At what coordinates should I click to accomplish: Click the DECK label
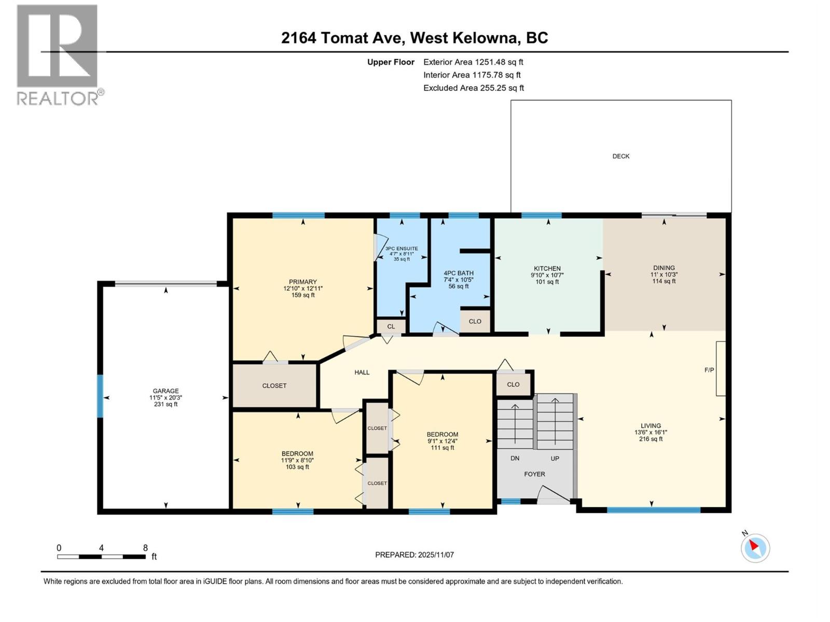pyautogui.click(x=620, y=156)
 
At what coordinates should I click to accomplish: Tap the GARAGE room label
pyautogui.click(x=165, y=391)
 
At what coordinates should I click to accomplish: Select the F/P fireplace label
pyautogui.click(x=709, y=370)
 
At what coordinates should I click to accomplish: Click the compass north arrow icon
pyautogui.click(x=755, y=548)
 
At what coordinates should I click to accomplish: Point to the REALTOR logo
pyautogui.click(x=58, y=54)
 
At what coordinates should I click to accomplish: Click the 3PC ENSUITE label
pyautogui.click(x=402, y=249)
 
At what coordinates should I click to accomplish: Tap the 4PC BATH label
pyautogui.click(x=459, y=273)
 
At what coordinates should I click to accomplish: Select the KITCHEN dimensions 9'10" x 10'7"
pyautogui.click(x=547, y=275)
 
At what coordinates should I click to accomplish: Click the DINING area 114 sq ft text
pyautogui.click(x=664, y=281)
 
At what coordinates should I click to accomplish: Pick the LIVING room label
pyautogui.click(x=651, y=426)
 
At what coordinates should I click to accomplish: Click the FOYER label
pyautogui.click(x=534, y=474)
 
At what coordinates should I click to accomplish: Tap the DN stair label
pyautogui.click(x=515, y=458)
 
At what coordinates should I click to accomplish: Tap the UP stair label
pyautogui.click(x=555, y=458)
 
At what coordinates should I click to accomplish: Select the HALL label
pyautogui.click(x=362, y=372)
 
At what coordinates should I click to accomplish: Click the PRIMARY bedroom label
pyautogui.click(x=303, y=282)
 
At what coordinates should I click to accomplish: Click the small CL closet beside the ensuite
pyautogui.click(x=391, y=327)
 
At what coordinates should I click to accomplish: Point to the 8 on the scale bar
pyautogui.click(x=146, y=548)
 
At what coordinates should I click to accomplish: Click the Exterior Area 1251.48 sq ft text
pyautogui.click(x=473, y=62)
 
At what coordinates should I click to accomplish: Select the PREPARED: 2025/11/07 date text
pyautogui.click(x=414, y=555)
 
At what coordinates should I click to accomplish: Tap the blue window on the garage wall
pyautogui.click(x=100, y=397)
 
